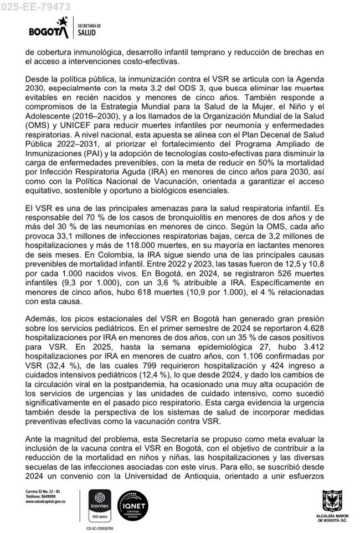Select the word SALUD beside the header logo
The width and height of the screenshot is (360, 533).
click(87, 33)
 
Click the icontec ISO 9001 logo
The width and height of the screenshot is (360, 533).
click(100, 501)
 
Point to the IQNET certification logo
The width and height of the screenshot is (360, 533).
click(133, 502)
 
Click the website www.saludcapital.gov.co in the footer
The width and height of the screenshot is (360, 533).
click(46, 501)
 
